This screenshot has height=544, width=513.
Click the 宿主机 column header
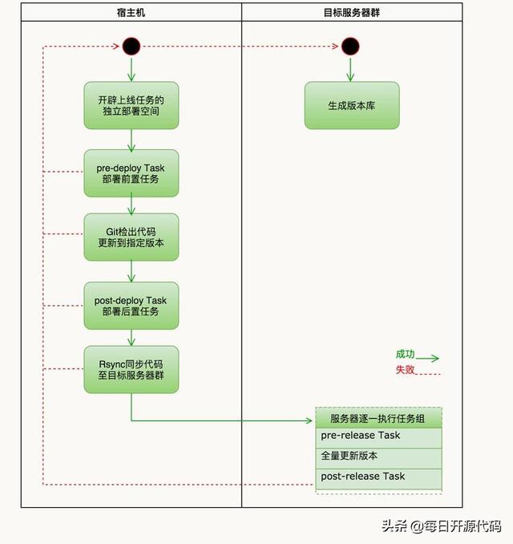tap(131, 13)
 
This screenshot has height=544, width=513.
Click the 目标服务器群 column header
tap(351, 13)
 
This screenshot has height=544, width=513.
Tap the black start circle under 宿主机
tap(131, 47)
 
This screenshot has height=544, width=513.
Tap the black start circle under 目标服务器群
tap(350, 47)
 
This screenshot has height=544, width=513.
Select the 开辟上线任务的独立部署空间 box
tap(131, 105)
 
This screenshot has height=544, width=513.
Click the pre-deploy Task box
tap(131, 173)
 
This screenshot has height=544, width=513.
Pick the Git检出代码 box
tap(131, 237)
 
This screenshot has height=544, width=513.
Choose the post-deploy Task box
tap(131, 306)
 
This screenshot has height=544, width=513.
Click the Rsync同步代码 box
tap(131, 369)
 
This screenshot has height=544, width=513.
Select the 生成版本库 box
tap(351, 105)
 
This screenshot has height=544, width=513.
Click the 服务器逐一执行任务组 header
tap(379, 418)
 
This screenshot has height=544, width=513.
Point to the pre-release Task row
tap(379, 436)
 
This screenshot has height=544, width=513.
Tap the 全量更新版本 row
tap(379, 457)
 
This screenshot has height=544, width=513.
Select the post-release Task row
tap(379, 477)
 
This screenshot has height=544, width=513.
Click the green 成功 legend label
tap(406, 354)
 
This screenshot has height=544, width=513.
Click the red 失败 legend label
tap(406, 370)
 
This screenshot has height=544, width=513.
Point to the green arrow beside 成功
tap(428, 359)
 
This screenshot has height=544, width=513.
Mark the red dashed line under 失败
tap(428, 375)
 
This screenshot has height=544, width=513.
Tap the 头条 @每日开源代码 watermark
tap(441, 526)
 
